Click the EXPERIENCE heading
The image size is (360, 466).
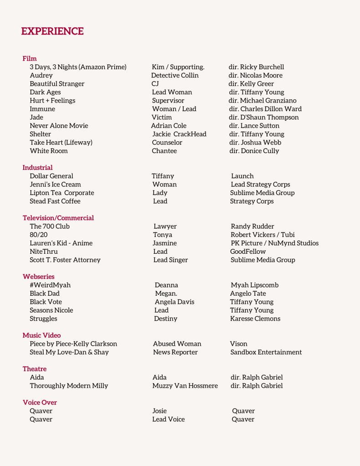click(52, 31)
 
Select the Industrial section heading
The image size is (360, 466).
click(37, 168)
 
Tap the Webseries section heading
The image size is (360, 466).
click(38, 277)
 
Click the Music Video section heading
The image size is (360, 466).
click(41, 335)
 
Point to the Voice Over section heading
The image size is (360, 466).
click(40, 402)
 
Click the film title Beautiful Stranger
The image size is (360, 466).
click(57, 84)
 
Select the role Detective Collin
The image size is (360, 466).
click(175, 75)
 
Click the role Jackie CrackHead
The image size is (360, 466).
click(179, 134)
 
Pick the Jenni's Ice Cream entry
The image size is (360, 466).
click(55, 184)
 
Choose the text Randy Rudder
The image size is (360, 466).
click(252, 226)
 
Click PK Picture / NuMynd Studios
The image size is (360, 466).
click(274, 243)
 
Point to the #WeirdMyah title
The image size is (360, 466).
click(50, 285)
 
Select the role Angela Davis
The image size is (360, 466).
click(175, 302)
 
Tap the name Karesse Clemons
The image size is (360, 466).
click(255, 319)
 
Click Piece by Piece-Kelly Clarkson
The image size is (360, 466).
click(73, 344)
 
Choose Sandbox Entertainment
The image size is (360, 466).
click(266, 352)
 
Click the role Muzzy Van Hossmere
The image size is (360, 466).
click(185, 386)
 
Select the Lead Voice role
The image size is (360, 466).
click(169, 420)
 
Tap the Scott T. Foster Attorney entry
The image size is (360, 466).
click(65, 260)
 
